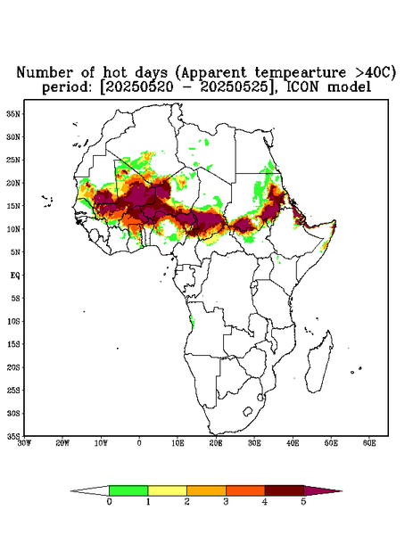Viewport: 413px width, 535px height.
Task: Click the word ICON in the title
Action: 303,87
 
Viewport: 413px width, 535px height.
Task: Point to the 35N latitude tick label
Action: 13,113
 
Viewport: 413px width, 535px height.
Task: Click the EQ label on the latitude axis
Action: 15,275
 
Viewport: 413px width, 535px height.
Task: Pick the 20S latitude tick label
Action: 13,367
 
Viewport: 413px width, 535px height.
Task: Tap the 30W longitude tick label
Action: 24,443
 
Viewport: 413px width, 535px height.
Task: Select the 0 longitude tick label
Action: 139,443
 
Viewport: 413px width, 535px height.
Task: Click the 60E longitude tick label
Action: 369,443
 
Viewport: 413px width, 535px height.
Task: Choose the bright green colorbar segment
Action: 128,490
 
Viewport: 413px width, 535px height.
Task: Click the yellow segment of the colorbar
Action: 167,490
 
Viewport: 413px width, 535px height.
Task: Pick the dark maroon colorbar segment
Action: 285,490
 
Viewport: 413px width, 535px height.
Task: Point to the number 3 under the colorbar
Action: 226,502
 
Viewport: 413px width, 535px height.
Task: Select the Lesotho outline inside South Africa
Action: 247,411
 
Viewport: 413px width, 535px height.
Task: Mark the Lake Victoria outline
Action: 254,285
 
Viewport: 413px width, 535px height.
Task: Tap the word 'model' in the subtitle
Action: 349,87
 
